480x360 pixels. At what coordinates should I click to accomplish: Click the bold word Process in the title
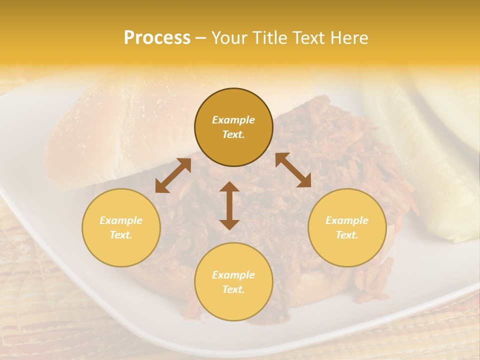pyautogui.click(x=157, y=38)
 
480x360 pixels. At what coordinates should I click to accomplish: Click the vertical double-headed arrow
pyautogui.click(x=229, y=205)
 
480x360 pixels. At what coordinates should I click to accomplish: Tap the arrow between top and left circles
pyautogui.click(x=173, y=175)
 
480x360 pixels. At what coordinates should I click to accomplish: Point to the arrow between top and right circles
pyautogui.click(x=293, y=170)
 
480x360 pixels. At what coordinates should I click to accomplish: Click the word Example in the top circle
pyautogui.click(x=233, y=120)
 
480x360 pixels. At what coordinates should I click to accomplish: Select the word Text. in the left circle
pyautogui.click(x=121, y=235)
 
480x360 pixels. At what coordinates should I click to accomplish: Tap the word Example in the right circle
pyautogui.click(x=347, y=220)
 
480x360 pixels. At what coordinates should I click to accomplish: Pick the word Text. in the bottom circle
pyautogui.click(x=233, y=289)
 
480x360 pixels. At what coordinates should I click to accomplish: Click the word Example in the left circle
pyautogui.click(x=121, y=220)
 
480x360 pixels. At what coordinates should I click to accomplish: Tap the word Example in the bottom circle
pyautogui.click(x=233, y=275)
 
